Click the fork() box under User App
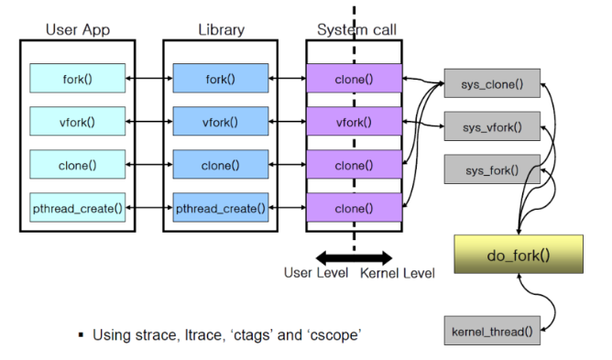(78, 79)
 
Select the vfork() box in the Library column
(221, 122)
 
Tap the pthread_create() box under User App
(78, 208)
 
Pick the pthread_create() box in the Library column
(221, 208)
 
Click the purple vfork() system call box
(354, 122)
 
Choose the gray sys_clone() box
(492, 83)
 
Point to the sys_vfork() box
(492, 126)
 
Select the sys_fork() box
(492, 169)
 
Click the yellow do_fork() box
(519, 254)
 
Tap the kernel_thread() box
(492, 331)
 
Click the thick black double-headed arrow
(354, 257)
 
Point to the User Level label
(316, 273)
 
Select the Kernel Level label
(398, 273)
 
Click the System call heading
(356, 29)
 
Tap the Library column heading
(222, 29)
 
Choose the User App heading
(78, 30)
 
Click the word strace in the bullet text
(156, 335)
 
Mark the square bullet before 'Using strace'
(82, 335)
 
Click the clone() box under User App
(78, 164)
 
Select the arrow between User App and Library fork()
(149, 79)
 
